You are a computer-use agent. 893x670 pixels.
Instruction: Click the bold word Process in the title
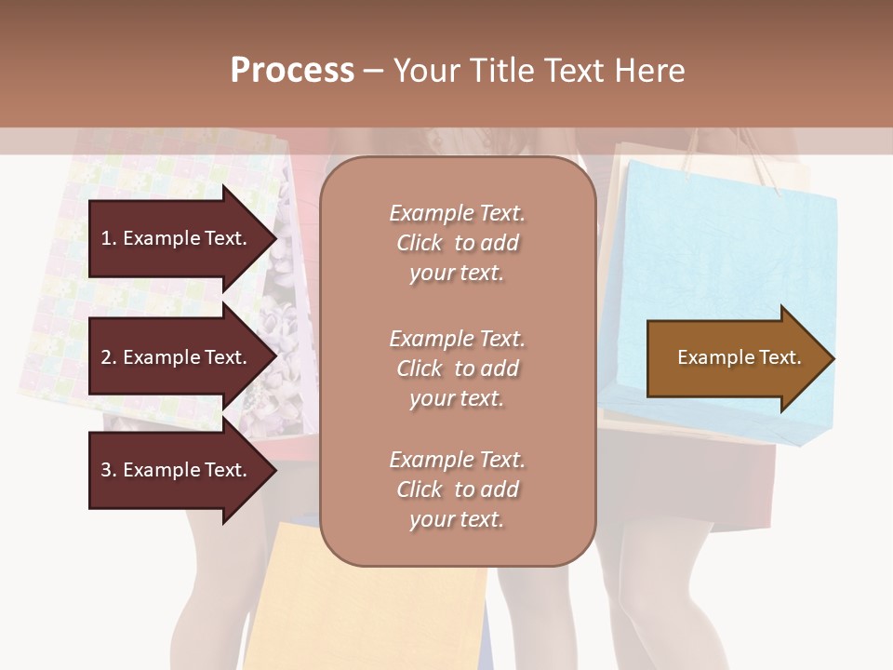point(292,71)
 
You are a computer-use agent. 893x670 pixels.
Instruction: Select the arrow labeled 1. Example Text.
point(177,239)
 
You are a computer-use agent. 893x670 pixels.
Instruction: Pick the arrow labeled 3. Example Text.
point(177,471)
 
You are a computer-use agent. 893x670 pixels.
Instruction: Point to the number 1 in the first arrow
point(105,239)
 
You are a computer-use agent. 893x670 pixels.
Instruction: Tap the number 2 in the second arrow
point(105,358)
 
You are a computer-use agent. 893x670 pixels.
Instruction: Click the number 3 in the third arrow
point(105,471)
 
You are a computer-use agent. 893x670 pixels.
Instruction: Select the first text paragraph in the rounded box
point(457,243)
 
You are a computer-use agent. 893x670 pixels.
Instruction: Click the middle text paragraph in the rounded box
point(457,368)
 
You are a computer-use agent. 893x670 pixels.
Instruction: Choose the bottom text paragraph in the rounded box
point(457,489)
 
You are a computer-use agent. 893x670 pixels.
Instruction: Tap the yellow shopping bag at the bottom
point(372,605)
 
